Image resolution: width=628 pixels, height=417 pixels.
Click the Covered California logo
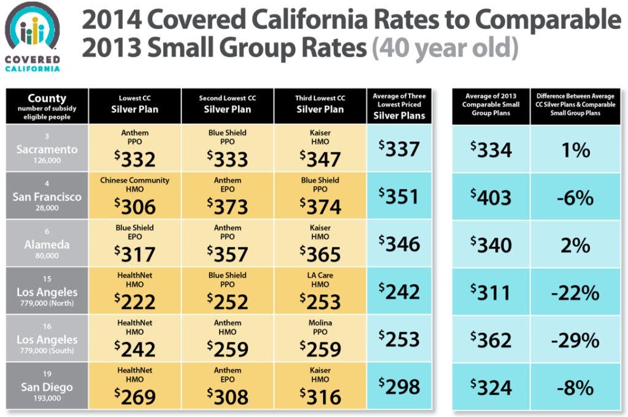coord(33,37)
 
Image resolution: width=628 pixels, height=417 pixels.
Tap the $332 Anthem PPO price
coord(134,159)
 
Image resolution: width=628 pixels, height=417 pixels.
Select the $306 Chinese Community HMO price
coord(134,206)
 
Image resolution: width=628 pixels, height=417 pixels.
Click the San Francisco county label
coord(47,197)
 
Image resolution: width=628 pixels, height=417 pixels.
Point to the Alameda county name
coord(47,244)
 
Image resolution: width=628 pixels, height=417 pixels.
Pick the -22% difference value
coord(575,293)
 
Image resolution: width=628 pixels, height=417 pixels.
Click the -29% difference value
coord(575,340)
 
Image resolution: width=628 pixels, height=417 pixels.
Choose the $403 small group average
coord(491,198)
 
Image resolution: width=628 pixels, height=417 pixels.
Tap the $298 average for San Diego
coord(399,386)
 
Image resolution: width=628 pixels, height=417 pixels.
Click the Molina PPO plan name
coord(320,327)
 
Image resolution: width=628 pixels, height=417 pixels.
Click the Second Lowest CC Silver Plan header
coord(228,104)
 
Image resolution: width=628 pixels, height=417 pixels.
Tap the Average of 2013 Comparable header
coord(491,104)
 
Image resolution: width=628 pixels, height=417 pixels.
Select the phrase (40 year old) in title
coord(445,48)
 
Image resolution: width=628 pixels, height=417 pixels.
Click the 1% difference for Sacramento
coord(575,150)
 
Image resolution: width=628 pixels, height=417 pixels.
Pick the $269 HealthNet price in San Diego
coord(134,397)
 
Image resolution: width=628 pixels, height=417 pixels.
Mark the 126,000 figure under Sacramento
coord(47,160)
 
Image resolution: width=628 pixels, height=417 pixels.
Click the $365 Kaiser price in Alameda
coord(320,254)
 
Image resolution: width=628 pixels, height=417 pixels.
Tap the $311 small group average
coord(491,293)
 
